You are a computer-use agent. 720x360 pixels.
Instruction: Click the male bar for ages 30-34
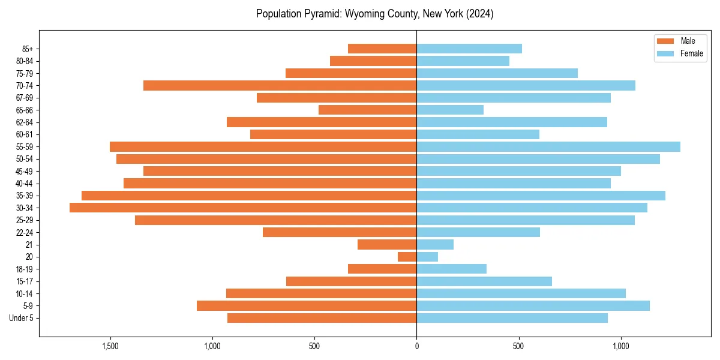point(243,208)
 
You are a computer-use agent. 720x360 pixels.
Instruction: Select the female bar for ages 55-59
point(548,146)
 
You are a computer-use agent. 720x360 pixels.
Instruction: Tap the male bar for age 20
point(407,257)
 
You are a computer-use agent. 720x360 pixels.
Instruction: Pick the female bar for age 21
point(435,244)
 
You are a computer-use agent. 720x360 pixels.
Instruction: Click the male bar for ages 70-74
point(280,85)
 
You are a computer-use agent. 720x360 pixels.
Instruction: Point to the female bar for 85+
point(469,49)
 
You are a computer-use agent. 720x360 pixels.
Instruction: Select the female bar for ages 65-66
point(450,110)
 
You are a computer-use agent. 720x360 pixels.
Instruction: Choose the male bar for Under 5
point(322,318)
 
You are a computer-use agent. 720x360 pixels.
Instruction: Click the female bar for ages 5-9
point(533,306)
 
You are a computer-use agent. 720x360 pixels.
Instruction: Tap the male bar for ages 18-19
point(382,269)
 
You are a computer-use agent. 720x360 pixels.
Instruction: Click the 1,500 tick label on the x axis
point(110,346)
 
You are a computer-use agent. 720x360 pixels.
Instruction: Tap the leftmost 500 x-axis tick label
point(314,346)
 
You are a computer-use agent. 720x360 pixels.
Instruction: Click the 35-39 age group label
point(25,196)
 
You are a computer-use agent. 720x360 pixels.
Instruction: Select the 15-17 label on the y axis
point(25,281)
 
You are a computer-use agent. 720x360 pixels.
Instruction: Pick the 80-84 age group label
point(25,61)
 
